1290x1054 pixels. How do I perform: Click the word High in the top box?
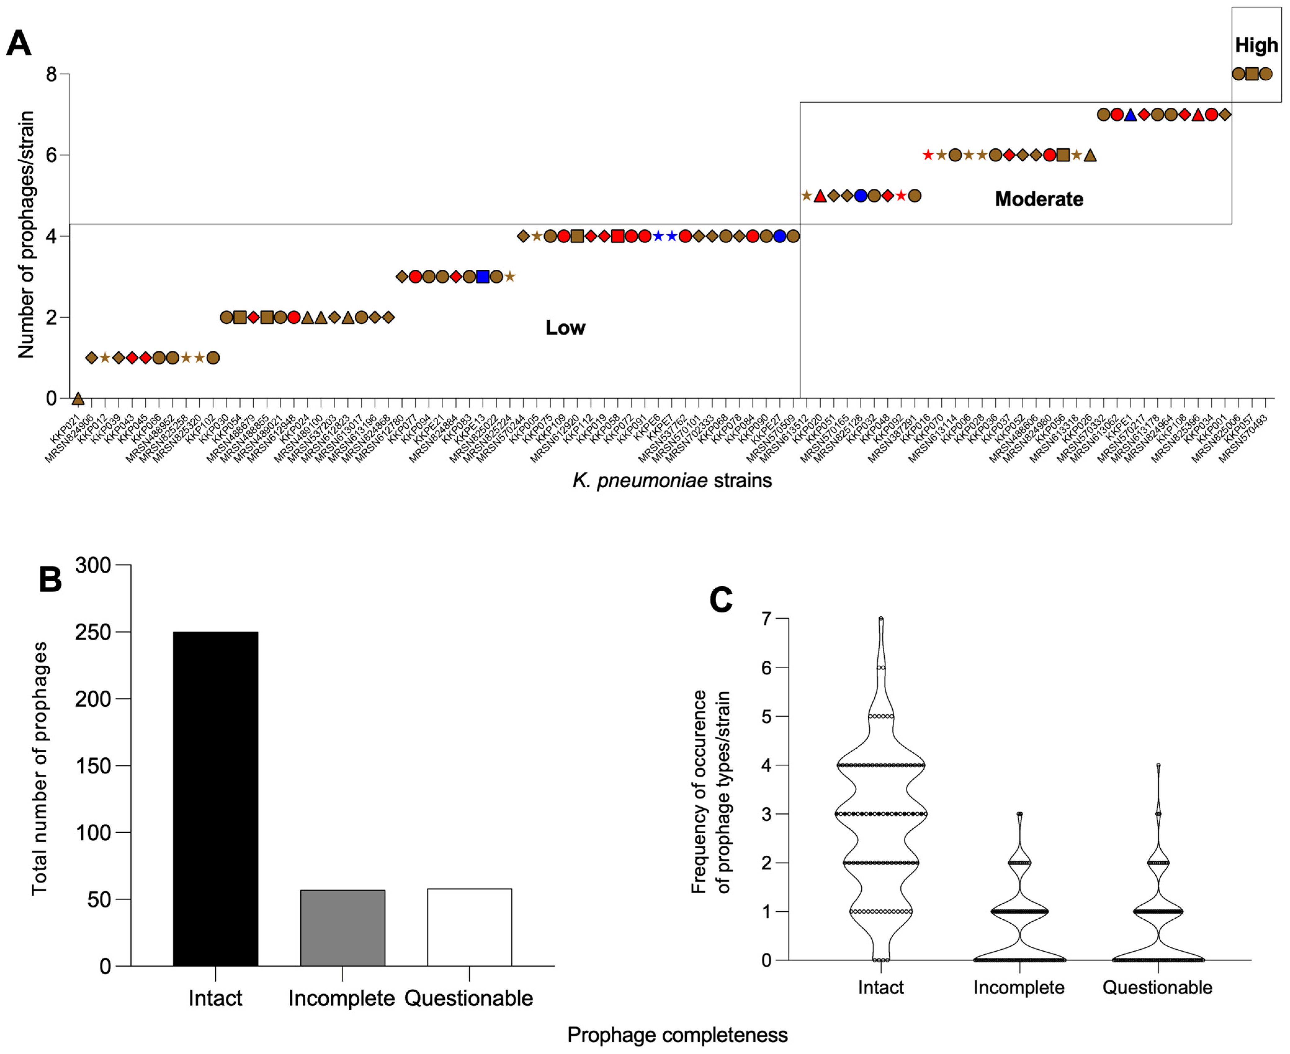point(1256,46)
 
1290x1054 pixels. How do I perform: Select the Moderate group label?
point(1039,199)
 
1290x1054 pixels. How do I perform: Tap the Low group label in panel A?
point(565,328)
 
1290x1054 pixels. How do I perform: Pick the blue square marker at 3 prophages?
point(483,277)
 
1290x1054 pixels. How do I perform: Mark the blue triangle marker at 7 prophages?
point(1130,115)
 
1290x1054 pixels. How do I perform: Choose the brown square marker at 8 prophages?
point(1252,74)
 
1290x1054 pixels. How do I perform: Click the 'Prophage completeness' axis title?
point(677,1034)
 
